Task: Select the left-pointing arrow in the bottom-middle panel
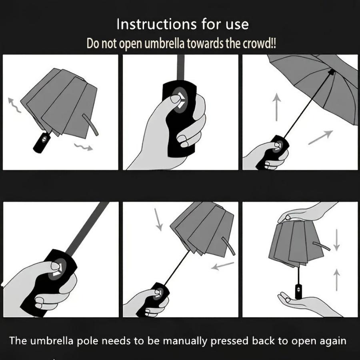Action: (223, 266)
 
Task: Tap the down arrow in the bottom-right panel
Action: (337, 239)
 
